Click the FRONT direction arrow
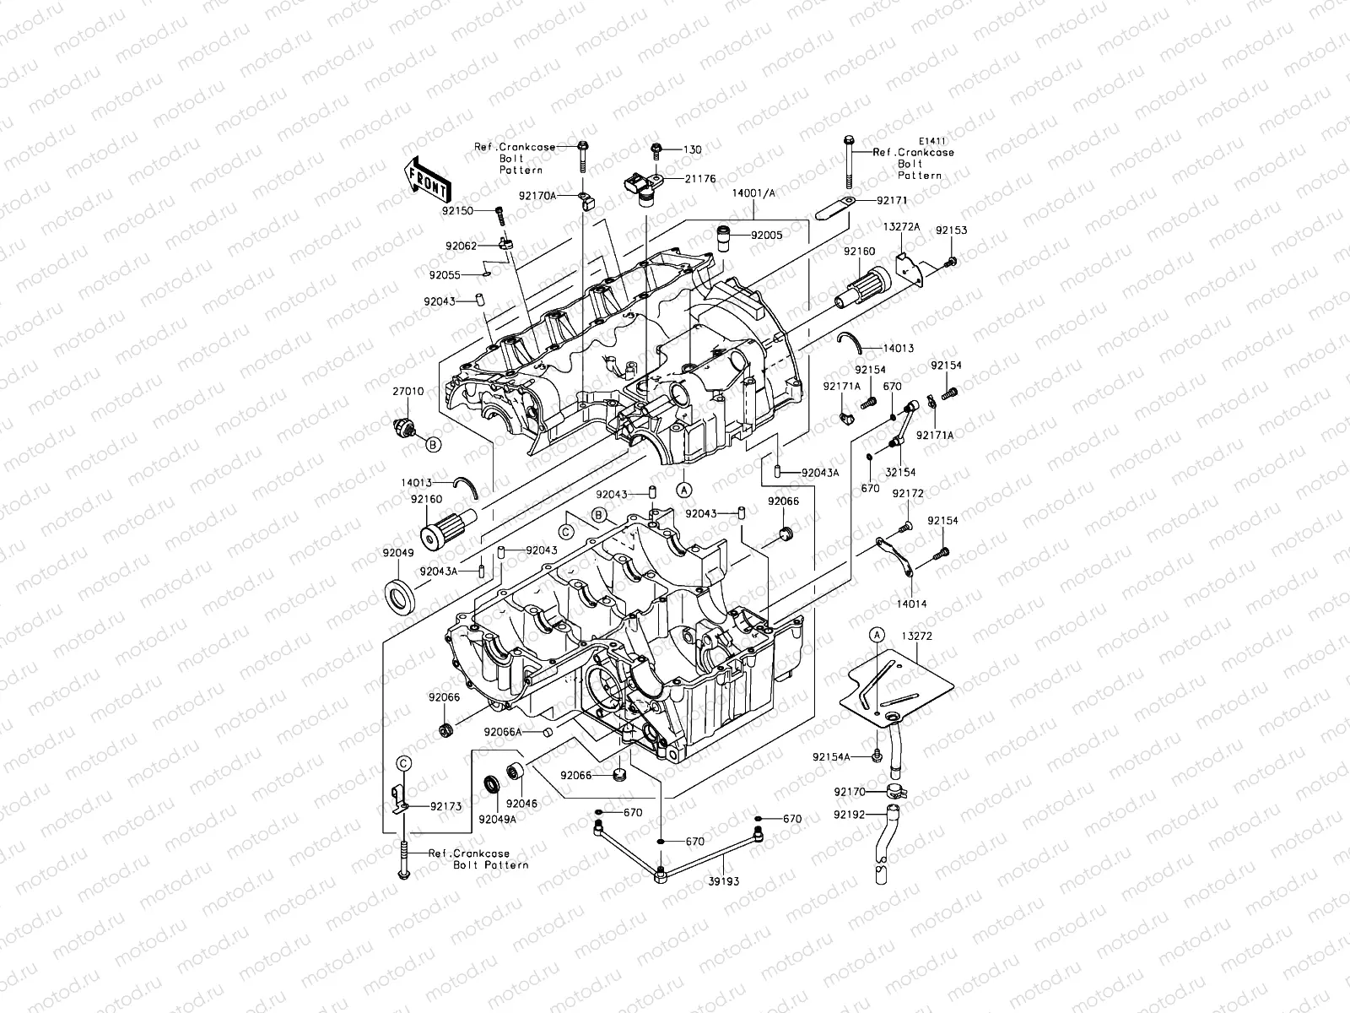point(429,178)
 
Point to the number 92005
point(766,236)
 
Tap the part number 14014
point(911,604)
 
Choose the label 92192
point(849,815)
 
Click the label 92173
point(445,806)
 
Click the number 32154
point(900,473)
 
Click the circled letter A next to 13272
point(877,634)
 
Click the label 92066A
point(503,732)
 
